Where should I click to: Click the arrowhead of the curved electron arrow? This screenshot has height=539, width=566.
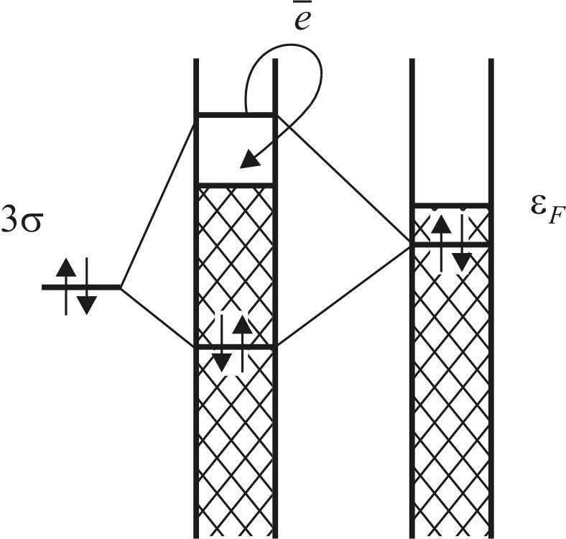(x=249, y=160)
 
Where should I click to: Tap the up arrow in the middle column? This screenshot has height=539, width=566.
(x=243, y=334)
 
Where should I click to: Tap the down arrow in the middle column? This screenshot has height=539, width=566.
(x=222, y=352)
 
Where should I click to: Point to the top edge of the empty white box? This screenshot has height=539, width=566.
(x=235, y=114)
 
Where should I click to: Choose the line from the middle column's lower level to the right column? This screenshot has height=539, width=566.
(x=343, y=296)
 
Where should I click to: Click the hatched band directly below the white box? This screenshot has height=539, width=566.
(x=235, y=266)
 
